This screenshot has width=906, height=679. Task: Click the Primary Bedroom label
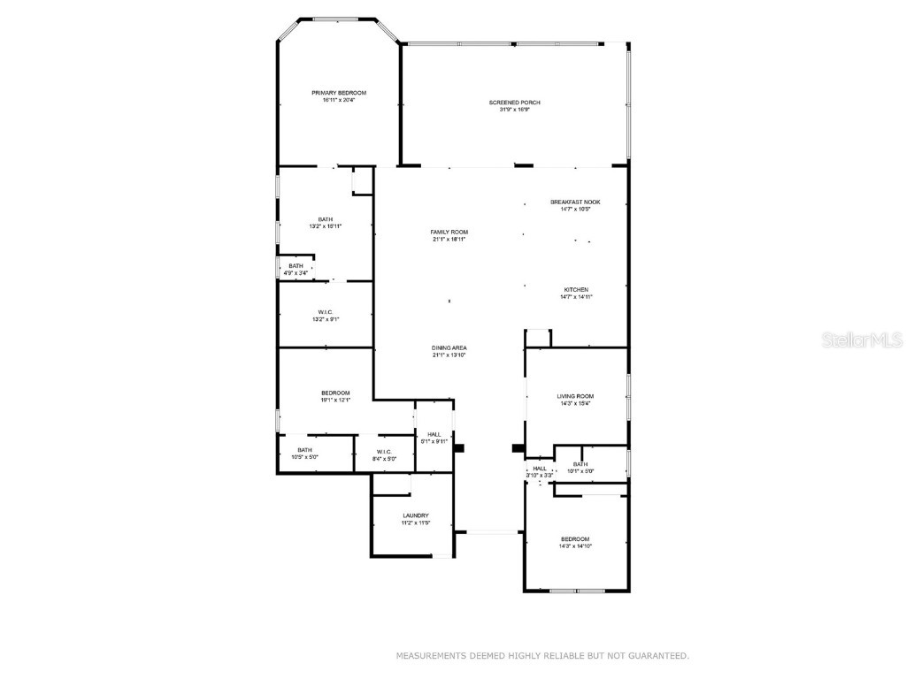339,93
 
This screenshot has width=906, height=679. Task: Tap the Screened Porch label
514,103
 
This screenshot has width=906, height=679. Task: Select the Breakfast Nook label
575,202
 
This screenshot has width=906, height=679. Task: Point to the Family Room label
449,232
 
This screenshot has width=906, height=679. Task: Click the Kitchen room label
577,290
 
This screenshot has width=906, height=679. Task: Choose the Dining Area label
449,348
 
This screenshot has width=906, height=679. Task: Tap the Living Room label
575,396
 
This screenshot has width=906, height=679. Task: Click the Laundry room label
416,515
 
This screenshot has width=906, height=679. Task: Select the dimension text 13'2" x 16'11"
326,226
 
